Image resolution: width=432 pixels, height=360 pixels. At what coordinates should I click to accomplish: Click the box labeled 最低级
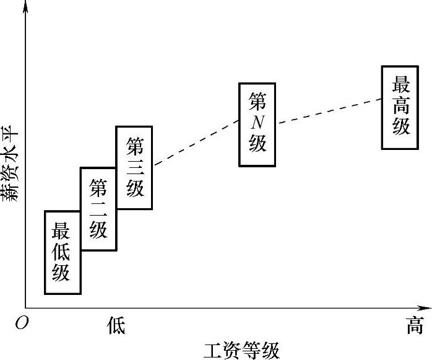[x=63, y=252]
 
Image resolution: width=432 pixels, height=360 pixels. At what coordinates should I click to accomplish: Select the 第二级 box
[x=98, y=208]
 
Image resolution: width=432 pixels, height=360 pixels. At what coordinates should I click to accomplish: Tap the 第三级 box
[x=134, y=167]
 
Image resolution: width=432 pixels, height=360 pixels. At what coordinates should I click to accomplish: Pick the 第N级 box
[x=257, y=124]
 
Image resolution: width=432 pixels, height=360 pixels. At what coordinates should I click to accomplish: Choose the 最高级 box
[x=401, y=107]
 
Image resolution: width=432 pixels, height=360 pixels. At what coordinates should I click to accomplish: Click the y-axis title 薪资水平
[x=11, y=165]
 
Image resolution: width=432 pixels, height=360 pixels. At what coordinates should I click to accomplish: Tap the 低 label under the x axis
[x=116, y=325]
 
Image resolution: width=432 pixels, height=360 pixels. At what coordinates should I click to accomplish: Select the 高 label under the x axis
[x=414, y=325]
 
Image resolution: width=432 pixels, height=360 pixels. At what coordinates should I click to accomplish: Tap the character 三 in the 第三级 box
[x=134, y=167]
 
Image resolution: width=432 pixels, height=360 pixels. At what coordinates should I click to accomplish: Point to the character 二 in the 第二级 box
[x=98, y=208]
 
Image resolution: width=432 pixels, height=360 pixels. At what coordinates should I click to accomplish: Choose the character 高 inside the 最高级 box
[x=401, y=106]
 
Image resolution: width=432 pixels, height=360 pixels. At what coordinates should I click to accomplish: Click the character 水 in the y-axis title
[x=11, y=157]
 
